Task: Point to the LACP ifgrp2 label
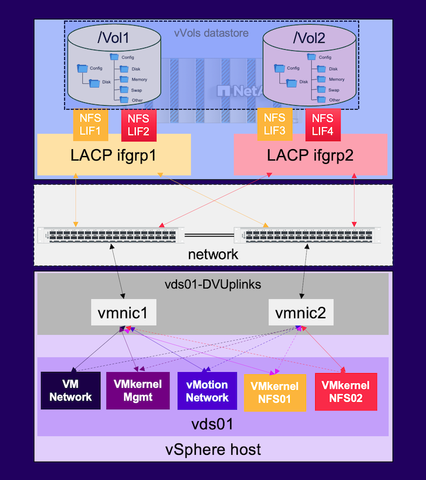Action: pos(311,155)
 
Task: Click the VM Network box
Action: pos(70,391)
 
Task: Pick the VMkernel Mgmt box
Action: pos(138,391)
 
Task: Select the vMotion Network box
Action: pos(207,391)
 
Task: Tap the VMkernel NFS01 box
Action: pos(275,391)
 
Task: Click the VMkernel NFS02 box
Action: pos(346,391)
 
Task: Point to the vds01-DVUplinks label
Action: pos(213,283)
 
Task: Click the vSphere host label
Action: pos(213,449)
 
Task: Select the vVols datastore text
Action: pos(211,33)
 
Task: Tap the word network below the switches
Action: pos(213,254)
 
